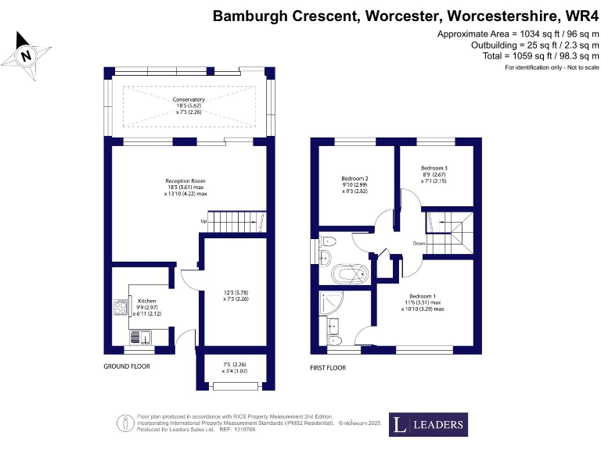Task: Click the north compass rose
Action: pyautogui.click(x=27, y=55)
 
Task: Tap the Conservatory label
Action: pyautogui.click(x=189, y=99)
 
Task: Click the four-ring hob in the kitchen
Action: pyautogui.click(x=121, y=307)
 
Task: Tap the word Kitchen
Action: pyautogui.click(x=148, y=301)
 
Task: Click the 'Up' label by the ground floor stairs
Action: pyautogui.click(x=204, y=221)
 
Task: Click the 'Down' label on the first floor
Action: pyautogui.click(x=419, y=243)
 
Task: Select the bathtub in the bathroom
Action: pyautogui.click(x=349, y=274)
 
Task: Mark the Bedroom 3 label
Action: pyautogui.click(x=434, y=168)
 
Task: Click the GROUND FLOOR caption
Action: pyautogui.click(x=127, y=366)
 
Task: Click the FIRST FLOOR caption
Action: pyautogui.click(x=329, y=366)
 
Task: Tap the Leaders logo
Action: pyautogui.click(x=429, y=425)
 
